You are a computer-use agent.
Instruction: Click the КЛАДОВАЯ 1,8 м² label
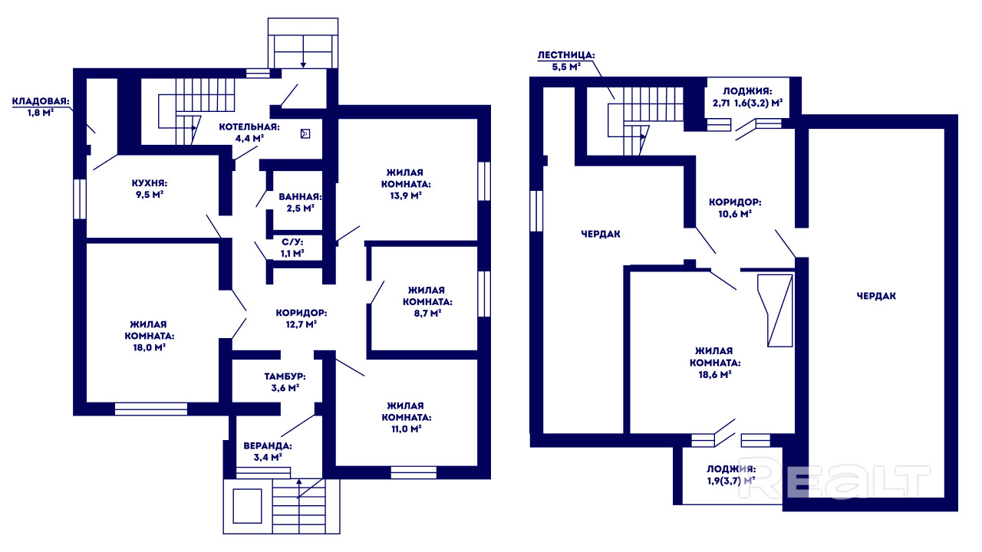click(x=41, y=107)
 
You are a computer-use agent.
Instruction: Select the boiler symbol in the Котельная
click(x=305, y=133)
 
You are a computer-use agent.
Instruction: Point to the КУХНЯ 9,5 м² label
click(x=150, y=189)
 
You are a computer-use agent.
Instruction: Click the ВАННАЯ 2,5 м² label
click(x=300, y=202)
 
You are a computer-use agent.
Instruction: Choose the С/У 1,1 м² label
click(x=292, y=248)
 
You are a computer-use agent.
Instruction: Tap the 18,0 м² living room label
click(x=149, y=336)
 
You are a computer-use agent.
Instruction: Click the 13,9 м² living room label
click(x=406, y=183)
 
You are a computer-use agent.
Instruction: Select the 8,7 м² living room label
click(x=427, y=301)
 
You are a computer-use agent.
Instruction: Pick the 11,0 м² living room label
click(x=407, y=417)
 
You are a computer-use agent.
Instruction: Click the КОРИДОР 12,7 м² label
click(x=302, y=318)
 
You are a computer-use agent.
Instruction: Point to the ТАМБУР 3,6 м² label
click(x=285, y=382)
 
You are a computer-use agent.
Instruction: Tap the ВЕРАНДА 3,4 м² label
click(x=268, y=452)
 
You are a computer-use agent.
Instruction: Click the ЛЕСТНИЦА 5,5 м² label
click(x=566, y=61)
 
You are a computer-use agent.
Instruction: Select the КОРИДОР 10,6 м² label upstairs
click(x=735, y=208)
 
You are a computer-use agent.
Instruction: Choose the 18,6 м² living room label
click(x=715, y=363)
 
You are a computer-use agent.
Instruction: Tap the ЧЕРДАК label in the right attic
click(x=876, y=296)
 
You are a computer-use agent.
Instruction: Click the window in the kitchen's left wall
click(x=80, y=199)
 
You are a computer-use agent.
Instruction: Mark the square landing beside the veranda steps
click(x=247, y=506)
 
